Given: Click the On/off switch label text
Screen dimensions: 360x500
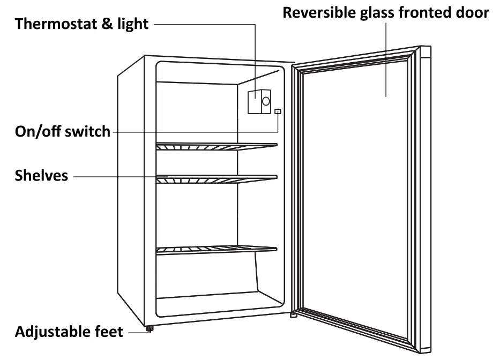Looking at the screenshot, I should point(62,131).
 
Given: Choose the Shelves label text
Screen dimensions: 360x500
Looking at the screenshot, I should point(41,175).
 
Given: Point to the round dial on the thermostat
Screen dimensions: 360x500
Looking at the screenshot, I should point(265,101).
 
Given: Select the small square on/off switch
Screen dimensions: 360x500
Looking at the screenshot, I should point(278,111).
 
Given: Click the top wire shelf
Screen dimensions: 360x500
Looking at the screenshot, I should point(216,146).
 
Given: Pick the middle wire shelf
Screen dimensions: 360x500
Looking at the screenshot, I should point(216,179).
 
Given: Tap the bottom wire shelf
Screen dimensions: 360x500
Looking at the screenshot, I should point(216,250).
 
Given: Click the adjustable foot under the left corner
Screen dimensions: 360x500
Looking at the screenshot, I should point(148,328).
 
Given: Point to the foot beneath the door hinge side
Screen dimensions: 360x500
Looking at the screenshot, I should point(293,316).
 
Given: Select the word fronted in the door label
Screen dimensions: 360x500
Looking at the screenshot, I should point(424,13).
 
